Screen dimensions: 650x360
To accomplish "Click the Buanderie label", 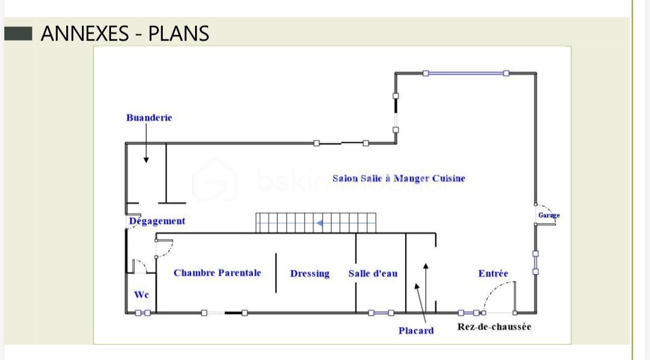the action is point(149,118).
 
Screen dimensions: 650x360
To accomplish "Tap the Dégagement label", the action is point(157,221).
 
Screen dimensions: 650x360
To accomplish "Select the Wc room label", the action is point(142,295).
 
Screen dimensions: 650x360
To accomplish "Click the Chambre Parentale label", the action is point(217,273).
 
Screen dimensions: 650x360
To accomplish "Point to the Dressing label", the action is point(310,274).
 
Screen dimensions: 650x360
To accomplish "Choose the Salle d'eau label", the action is point(373,273).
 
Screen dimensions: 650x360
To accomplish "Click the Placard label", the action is point(416,331).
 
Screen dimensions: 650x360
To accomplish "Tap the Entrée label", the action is point(493,273).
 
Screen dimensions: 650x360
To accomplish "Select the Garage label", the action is point(549,216).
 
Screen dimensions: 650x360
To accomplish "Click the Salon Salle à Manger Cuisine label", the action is point(399,178).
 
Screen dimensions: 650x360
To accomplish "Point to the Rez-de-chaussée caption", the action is point(494,327).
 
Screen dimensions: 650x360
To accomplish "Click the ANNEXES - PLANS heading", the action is point(125,33).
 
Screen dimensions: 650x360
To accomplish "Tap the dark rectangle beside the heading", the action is point(18,33).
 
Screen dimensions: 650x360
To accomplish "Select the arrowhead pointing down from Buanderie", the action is point(146,160).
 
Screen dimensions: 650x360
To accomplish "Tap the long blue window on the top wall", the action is point(466,73).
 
